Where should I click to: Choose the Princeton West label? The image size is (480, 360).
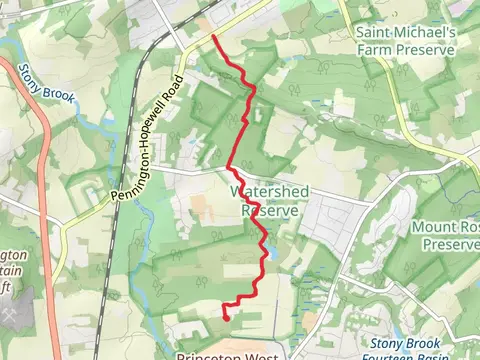[231, 355]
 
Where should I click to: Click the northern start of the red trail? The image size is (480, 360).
[214, 37]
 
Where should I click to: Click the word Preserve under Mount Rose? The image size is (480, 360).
[451, 244]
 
